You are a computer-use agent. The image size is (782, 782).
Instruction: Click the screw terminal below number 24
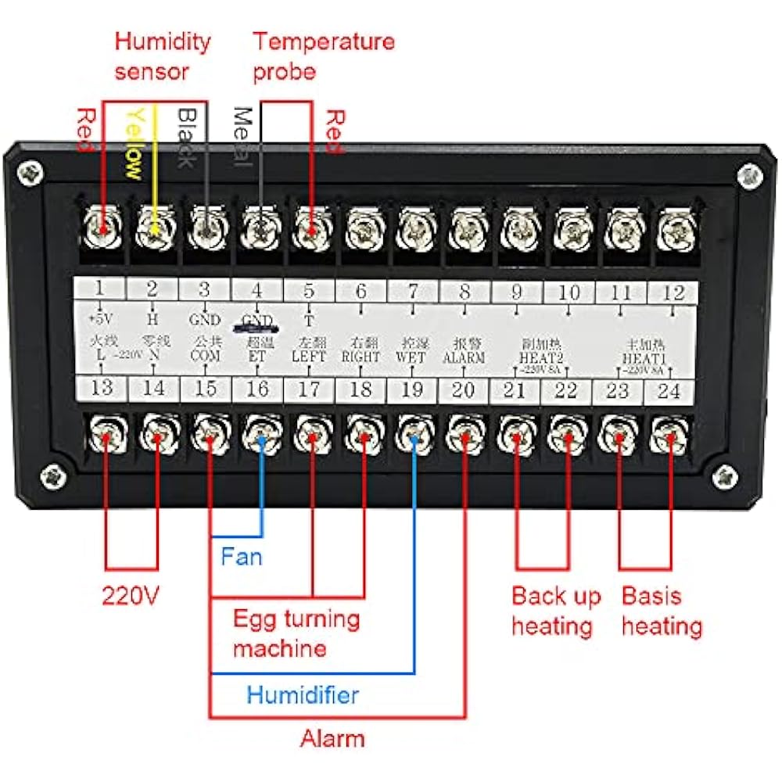coord(669,436)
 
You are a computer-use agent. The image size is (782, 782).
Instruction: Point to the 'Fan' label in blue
coord(241,558)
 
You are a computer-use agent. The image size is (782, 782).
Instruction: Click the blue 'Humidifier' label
coord(303,694)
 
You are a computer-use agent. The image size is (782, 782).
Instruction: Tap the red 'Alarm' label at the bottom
coord(332,738)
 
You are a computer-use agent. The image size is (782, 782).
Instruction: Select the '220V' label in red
coord(131,597)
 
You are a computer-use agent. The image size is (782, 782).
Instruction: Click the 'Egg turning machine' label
coord(296,633)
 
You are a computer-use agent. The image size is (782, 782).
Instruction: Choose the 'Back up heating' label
coord(556,611)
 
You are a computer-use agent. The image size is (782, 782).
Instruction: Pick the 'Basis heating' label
coord(662,611)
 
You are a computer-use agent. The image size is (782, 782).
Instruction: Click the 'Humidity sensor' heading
coord(162,56)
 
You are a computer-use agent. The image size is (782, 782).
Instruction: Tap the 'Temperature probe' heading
coord(323,56)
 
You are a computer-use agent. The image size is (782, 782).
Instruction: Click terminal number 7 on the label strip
coord(413,292)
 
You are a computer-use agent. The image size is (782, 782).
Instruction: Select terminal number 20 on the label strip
coord(464,389)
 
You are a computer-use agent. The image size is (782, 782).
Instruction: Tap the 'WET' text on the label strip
coord(412,357)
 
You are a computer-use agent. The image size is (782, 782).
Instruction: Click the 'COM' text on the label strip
coord(204,356)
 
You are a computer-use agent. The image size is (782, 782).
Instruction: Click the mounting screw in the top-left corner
coord(31,173)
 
